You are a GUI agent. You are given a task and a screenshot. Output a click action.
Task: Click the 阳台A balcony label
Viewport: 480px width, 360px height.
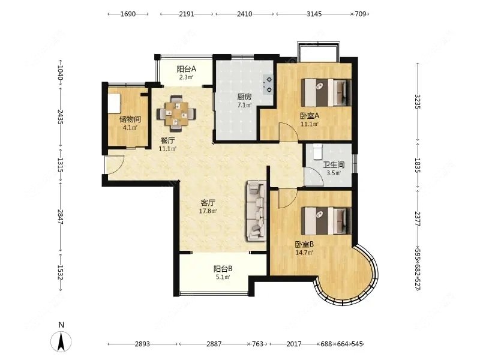(186, 69)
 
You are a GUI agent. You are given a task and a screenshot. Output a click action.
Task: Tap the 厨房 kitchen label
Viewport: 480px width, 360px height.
(244, 97)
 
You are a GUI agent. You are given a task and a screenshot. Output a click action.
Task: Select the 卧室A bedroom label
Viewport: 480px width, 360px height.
(310, 116)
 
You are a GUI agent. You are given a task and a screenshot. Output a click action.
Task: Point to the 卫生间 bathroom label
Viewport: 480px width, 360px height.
(334, 164)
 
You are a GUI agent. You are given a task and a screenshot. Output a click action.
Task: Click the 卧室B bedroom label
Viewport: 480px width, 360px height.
(304, 244)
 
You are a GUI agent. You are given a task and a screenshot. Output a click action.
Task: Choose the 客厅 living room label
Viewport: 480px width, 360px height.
(208, 203)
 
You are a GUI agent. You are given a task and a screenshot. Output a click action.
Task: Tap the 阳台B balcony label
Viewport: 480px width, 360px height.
(223, 269)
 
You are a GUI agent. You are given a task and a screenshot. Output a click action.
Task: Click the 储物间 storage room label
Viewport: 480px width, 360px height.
(130, 119)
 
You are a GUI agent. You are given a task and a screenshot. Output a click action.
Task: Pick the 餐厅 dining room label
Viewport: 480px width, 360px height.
(168, 140)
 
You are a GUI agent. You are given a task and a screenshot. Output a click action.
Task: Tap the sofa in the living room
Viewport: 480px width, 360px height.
(256, 211)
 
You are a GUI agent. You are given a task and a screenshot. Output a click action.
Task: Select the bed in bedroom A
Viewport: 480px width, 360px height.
(326, 93)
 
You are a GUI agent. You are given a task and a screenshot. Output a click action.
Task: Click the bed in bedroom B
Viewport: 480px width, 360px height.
(326, 221)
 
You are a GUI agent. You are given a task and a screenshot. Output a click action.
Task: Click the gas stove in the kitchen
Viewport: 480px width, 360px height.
(267, 85)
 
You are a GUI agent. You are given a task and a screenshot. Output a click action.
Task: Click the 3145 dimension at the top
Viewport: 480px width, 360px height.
(314, 14)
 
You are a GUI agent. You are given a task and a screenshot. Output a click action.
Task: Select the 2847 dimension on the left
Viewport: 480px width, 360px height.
(60, 217)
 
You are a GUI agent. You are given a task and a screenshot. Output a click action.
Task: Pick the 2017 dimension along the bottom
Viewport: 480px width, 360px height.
(294, 344)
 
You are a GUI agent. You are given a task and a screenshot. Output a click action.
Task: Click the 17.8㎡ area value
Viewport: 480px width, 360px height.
(208, 211)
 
